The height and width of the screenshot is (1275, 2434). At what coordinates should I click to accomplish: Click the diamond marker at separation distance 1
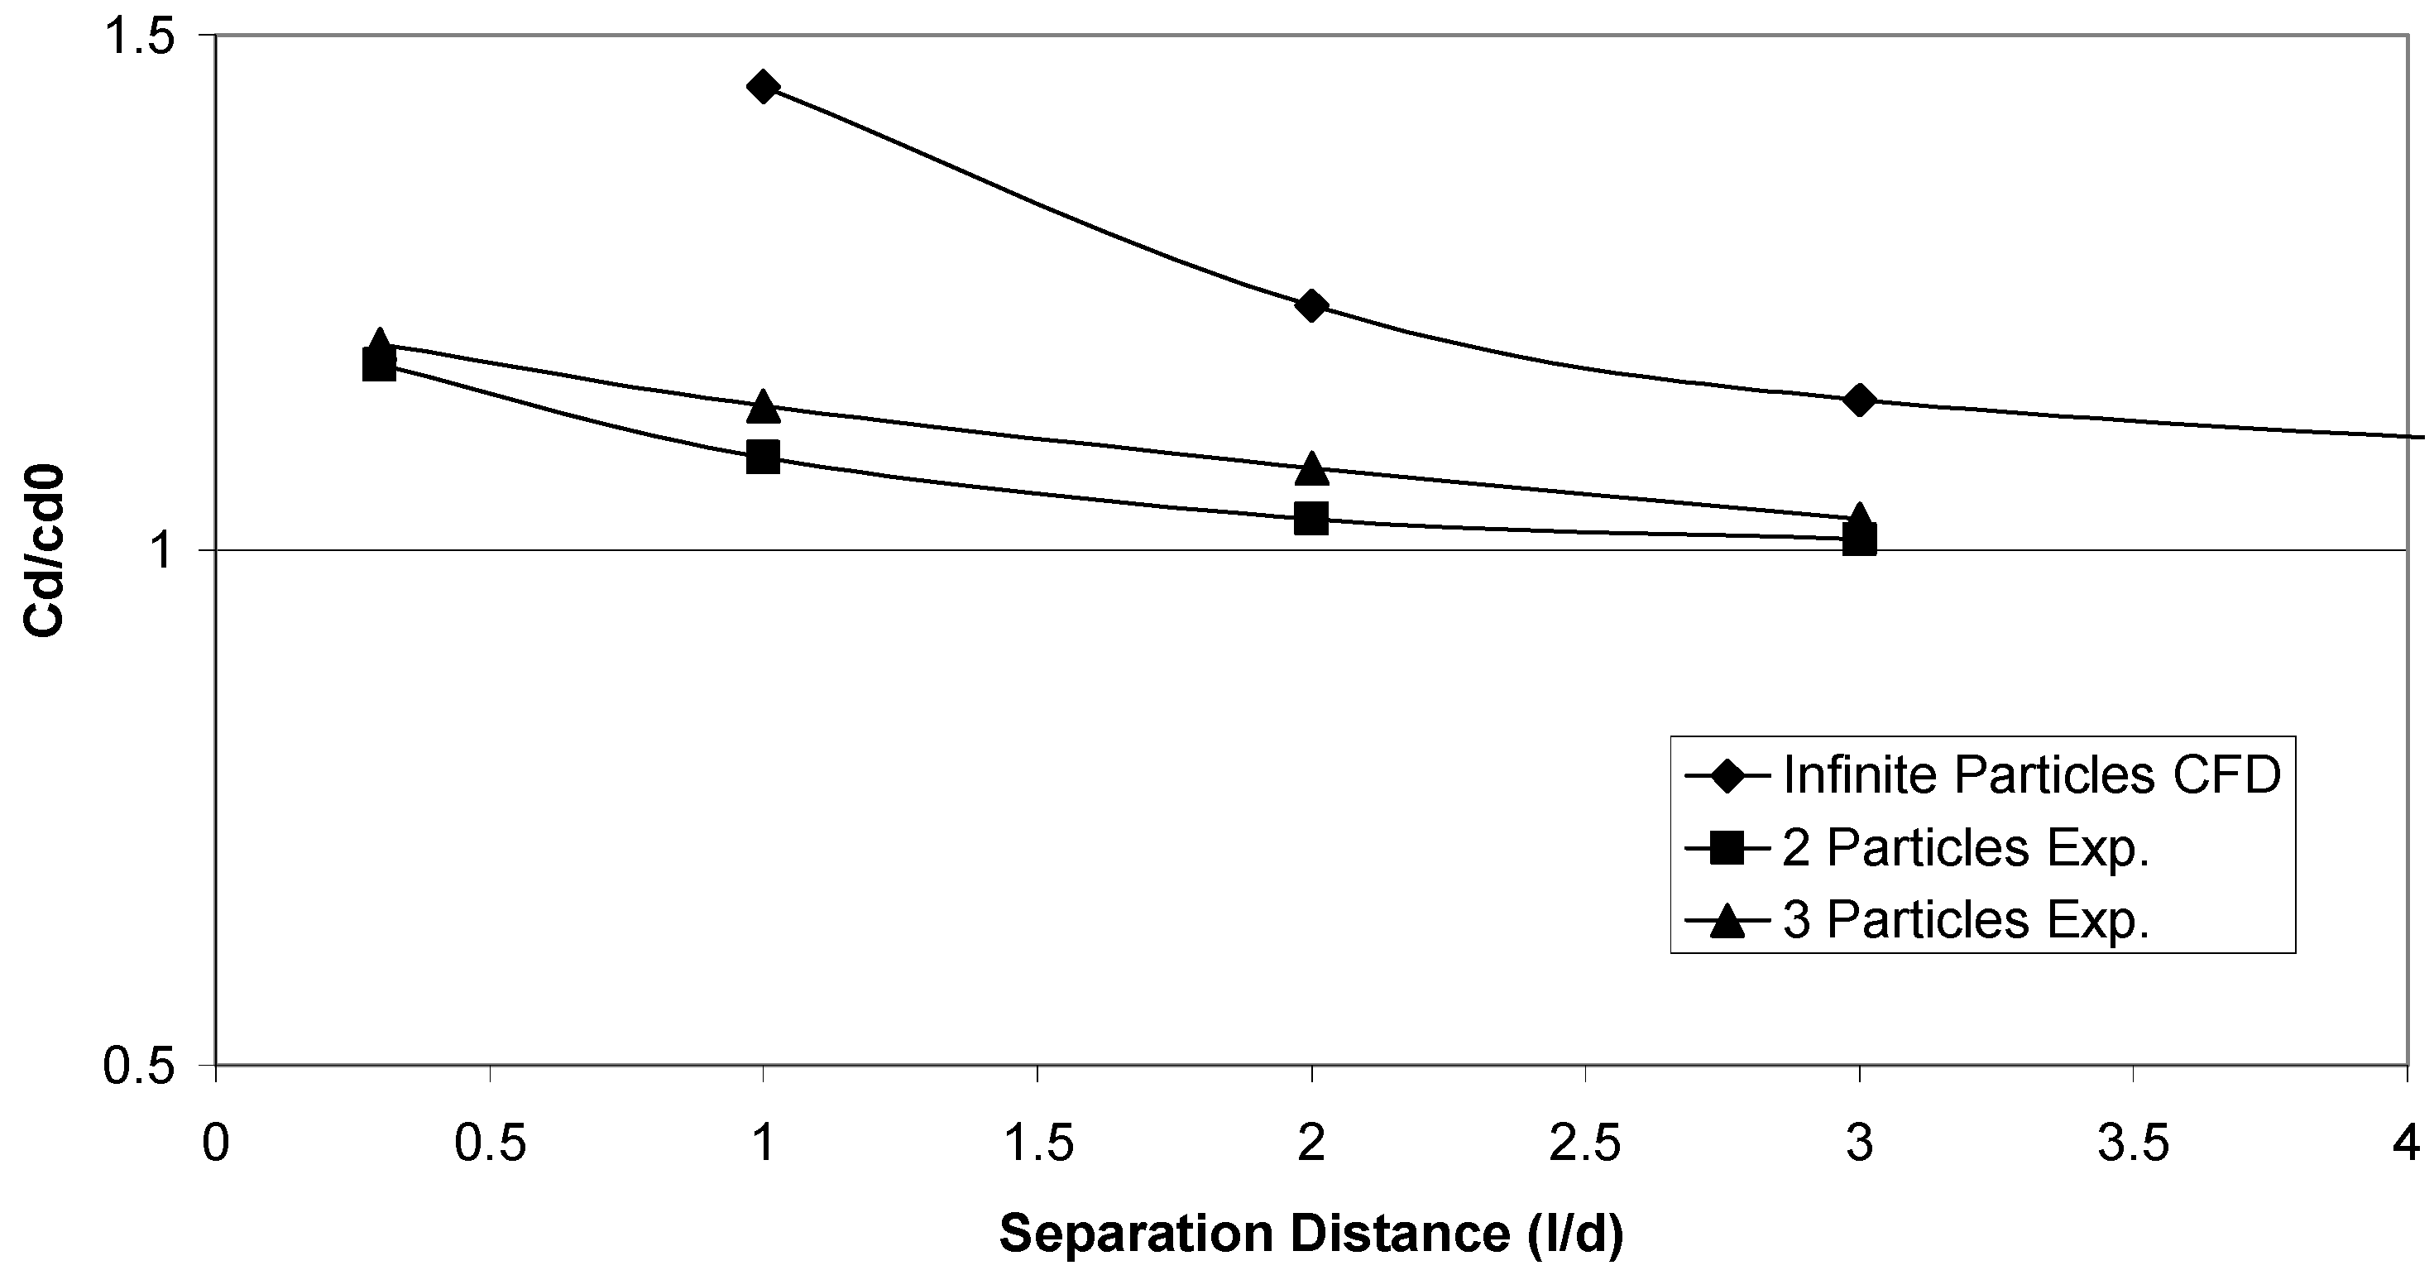point(763,87)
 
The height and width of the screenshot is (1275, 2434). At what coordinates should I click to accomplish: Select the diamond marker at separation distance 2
point(1310,305)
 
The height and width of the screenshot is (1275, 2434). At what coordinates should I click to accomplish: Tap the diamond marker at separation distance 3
point(1858,399)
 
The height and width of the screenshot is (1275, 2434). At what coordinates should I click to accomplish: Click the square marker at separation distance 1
point(763,458)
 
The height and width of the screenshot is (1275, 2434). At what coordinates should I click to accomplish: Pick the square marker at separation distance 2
point(1310,517)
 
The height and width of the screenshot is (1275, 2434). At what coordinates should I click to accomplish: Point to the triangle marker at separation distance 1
point(763,406)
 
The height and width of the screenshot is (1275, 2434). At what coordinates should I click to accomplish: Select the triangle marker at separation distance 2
point(1310,467)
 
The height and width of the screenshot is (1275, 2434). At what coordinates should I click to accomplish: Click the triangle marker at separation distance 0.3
point(379,343)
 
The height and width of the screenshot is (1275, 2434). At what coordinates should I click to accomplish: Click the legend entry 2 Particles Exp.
point(1966,848)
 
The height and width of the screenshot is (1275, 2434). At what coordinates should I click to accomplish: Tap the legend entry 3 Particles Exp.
point(1966,918)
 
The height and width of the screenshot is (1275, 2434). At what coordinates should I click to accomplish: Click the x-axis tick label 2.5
point(1584,1143)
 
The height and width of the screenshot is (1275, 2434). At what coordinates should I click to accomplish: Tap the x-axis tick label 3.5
point(2133,1143)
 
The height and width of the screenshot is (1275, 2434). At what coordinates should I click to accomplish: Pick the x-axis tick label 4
point(2407,1143)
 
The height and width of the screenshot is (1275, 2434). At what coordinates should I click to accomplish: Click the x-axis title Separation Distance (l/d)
point(1310,1234)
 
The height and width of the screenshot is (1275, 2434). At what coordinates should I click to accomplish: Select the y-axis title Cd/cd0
point(45,550)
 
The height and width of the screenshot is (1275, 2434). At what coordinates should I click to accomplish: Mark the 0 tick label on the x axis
point(217,1143)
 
